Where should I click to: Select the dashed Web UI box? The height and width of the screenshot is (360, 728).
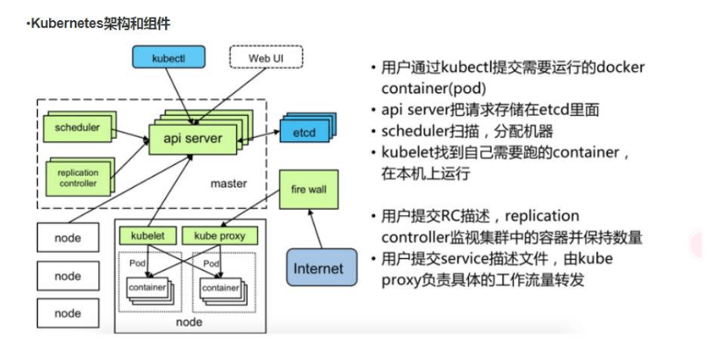click(x=265, y=58)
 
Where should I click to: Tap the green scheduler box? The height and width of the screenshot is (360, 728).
click(x=77, y=128)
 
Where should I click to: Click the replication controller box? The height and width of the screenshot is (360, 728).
click(x=78, y=178)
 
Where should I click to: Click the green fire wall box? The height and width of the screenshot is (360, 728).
click(x=303, y=190)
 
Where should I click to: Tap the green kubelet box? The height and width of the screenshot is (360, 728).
click(x=148, y=235)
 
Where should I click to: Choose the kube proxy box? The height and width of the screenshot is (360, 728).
click(x=220, y=235)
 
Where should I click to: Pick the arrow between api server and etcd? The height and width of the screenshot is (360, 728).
click(x=266, y=135)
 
